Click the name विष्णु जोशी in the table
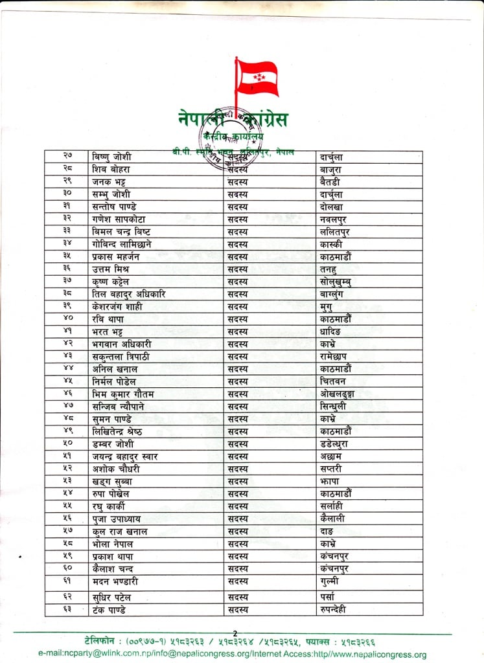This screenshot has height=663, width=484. pyautogui.click(x=111, y=157)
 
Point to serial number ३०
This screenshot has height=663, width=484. pyautogui.click(x=67, y=194)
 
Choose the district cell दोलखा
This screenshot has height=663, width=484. pyautogui.click(x=334, y=207)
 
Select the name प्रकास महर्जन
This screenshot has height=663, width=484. pyautogui.click(x=120, y=256)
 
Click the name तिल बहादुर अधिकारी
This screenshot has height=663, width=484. pyautogui.click(x=130, y=294)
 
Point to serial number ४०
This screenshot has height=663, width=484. pyautogui.click(x=67, y=319)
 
